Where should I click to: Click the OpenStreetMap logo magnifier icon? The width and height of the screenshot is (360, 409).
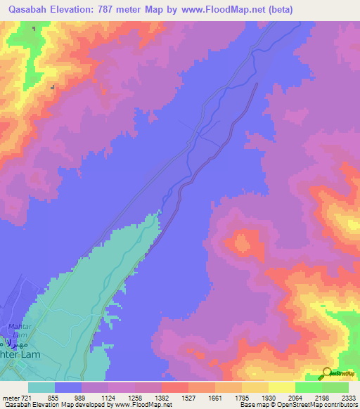326,373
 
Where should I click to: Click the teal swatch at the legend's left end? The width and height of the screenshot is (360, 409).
41,387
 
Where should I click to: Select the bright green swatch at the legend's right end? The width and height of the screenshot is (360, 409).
335,387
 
